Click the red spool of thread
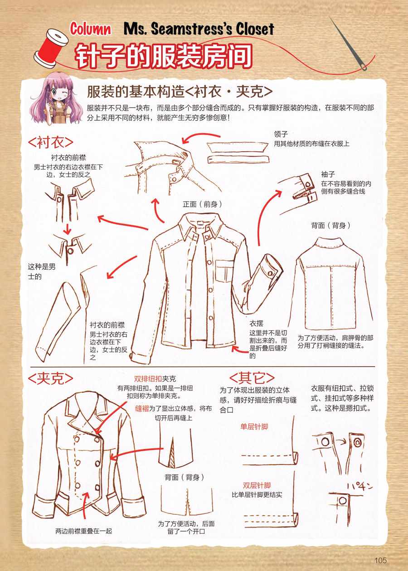tap(50, 48)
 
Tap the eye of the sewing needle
tap(363, 67)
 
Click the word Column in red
tap(91, 29)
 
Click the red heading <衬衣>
tap(50, 142)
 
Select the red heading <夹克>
tap(50, 378)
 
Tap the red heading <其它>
tap(252, 378)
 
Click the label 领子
tap(281, 134)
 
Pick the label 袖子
tap(328, 174)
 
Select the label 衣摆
tap(256, 324)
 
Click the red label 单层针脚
tap(254, 427)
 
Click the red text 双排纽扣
tap(148, 379)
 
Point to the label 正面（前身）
tap(202, 204)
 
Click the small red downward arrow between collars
tap(67, 228)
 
